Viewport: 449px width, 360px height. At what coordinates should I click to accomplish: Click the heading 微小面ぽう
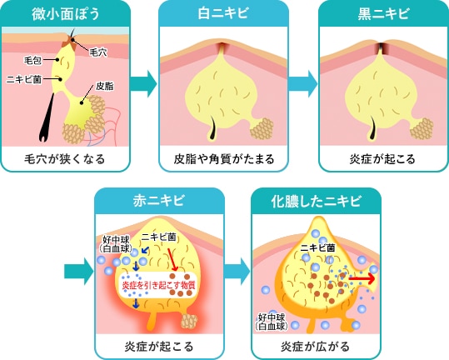pos(66,13)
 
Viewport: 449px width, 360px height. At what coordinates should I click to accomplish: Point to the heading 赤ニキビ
pos(160,202)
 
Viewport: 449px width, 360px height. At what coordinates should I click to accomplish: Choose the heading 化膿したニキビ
pos(316,202)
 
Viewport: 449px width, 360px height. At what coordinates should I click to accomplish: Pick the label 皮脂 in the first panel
pos(105,85)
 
